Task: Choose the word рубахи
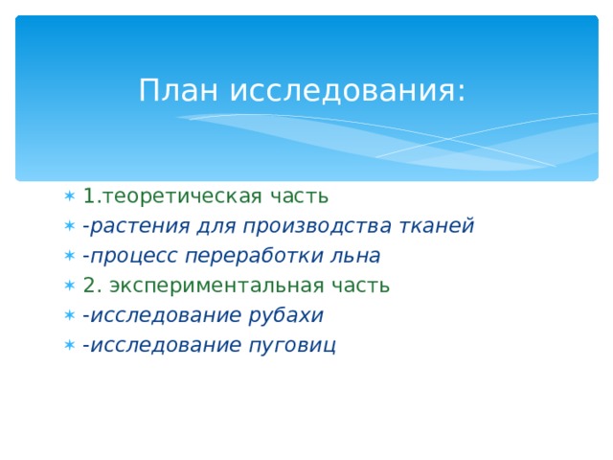point(288,315)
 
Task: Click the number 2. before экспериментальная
point(92,286)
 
